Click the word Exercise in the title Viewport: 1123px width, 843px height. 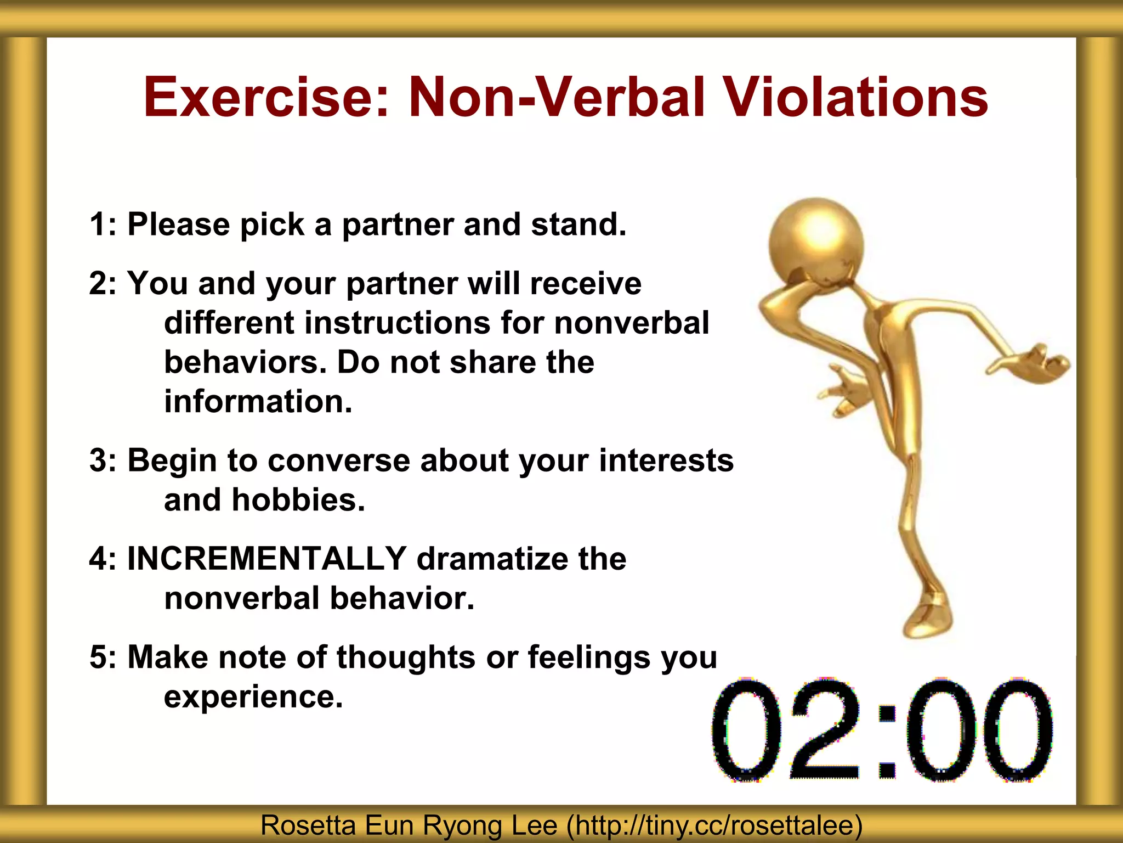265,98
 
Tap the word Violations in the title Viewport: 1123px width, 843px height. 855,98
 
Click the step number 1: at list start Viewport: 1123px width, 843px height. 104,224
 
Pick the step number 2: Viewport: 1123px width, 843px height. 104,284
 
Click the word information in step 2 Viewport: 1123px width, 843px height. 258,401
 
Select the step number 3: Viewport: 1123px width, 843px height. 104,460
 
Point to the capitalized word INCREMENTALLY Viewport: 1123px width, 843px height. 266,559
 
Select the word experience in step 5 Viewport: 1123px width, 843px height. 253,697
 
